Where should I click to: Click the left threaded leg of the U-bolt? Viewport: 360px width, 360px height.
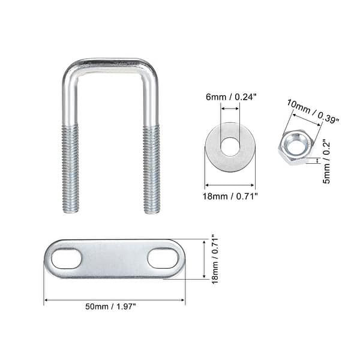click(x=70, y=168)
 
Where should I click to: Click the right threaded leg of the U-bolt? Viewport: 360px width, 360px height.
click(x=151, y=168)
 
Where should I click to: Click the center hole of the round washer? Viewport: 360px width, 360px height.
click(x=230, y=145)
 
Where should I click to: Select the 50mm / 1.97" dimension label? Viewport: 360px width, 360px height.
click(x=113, y=307)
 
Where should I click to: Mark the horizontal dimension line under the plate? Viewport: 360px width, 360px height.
click(x=114, y=299)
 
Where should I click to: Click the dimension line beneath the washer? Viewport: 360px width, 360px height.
click(x=230, y=185)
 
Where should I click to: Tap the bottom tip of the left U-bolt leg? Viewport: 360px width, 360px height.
click(x=70, y=211)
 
